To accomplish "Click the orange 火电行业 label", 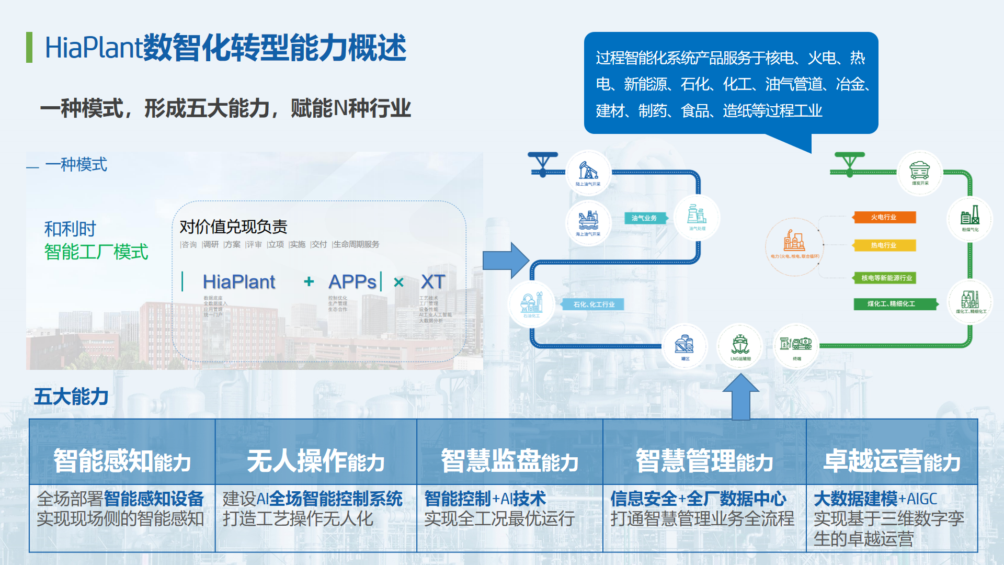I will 884,217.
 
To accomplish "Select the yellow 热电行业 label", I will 884,245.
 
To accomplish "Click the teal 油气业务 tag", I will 644,218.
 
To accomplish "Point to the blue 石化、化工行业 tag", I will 593,304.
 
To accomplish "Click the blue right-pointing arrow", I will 505,259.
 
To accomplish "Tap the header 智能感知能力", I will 122,461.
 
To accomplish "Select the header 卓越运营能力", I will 892,461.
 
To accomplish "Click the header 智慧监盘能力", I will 510,461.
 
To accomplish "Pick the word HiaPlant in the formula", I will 239,282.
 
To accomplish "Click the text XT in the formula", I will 433,282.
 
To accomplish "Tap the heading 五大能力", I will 71,396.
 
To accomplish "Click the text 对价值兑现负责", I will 233,227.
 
